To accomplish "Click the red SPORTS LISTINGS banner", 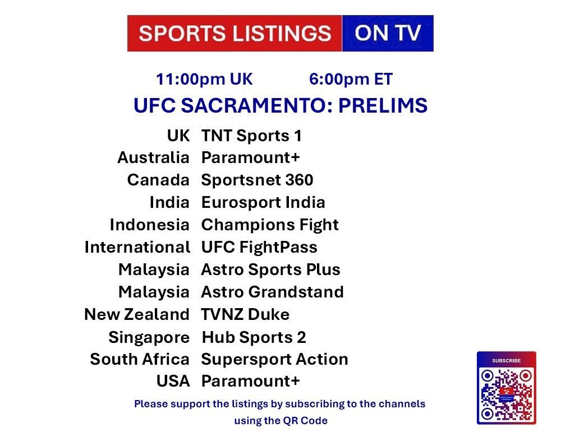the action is (x=234, y=33).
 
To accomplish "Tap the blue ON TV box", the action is (x=388, y=33).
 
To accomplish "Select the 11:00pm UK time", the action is (x=204, y=80).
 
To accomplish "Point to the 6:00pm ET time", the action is (x=351, y=80).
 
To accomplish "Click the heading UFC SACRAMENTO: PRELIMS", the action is (x=280, y=105).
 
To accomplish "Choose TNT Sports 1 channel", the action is (x=251, y=136).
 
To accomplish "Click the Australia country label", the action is (x=153, y=157).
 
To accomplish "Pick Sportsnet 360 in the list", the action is (x=257, y=180).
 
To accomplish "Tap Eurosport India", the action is (x=263, y=202).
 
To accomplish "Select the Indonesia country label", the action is (x=150, y=225).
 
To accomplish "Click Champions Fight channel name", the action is (x=270, y=225).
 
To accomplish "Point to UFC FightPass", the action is (x=259, y=247).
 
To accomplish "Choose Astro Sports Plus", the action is (x=271, y=270).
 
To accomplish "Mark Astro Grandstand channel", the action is (x=273, y=292).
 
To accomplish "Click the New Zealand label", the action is (x=137, y=314).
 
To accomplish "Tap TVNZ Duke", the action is (x=246, y=314).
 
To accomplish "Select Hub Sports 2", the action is (x=254, y=337).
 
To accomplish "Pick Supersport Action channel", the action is (x=275, y=360).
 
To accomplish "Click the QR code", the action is (x=506, y=394).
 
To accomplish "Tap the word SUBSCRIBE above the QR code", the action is (x=506, y=361).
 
